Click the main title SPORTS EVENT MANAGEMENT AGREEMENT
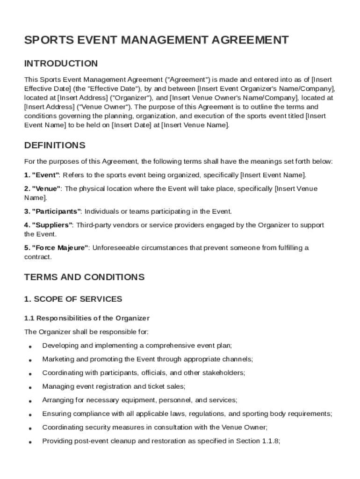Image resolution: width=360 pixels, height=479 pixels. (x=156, y=40)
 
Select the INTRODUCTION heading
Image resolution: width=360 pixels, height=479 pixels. (x=61, y=63)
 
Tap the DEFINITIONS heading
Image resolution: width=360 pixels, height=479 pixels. (x=55, y=145)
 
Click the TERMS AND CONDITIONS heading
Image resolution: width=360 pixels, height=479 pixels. (x=84, y=277)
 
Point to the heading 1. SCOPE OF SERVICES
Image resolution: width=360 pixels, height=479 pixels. (x=73, y=299)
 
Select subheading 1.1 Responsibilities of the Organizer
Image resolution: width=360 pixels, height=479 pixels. (x=86, y=318)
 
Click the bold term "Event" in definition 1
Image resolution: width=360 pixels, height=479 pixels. (x=45, y=175)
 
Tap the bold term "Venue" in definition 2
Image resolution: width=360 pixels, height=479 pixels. (x=46, y=189)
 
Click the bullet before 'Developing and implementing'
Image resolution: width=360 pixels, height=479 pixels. (x=30, y=347)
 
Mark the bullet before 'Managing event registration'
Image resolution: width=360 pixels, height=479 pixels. (x=30, y=388)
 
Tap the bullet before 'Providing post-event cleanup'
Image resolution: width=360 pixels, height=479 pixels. (x=30, y=442)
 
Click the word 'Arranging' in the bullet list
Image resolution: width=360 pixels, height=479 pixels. (x=57, y=400)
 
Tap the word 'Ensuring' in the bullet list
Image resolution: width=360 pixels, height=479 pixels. (x=56, y=414)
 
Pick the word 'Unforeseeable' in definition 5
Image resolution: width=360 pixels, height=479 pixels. (x=115, y=247)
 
